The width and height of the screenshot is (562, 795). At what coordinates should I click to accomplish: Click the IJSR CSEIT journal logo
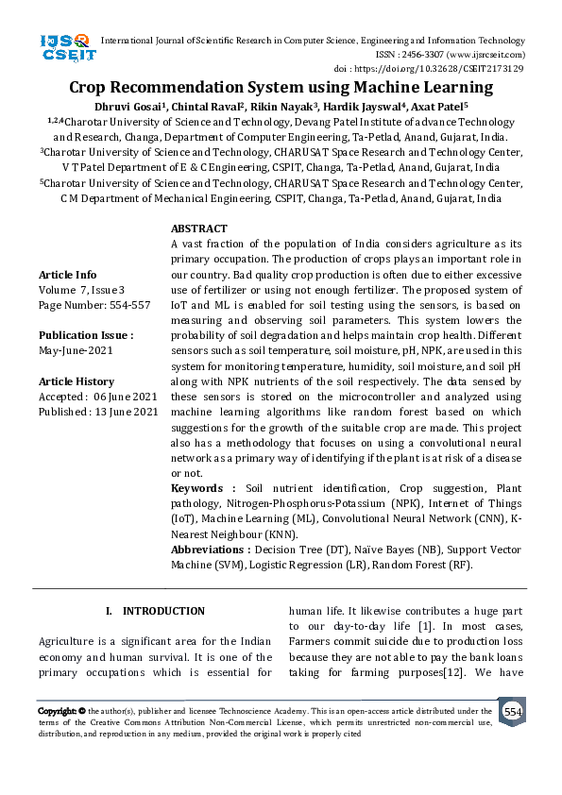[x=65, y=47]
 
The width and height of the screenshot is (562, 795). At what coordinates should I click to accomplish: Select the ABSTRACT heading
[x=198, y=228]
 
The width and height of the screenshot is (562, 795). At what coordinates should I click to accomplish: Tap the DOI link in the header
[x=429, y=69]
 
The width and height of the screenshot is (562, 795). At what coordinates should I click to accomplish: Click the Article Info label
[x=67, y=275]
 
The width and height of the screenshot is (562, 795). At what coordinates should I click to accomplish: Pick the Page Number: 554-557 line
[x=94, y=305]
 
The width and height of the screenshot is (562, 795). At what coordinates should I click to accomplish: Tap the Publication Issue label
[x=86, y=335]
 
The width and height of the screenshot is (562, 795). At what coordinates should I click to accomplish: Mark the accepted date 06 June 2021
[x=127, y=397]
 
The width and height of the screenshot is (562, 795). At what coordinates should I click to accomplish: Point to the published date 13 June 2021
[x=129, y=412]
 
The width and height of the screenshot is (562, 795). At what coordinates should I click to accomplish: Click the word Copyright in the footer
[x=57, y=711]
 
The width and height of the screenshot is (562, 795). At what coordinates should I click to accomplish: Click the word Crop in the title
[x=92, y=88]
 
